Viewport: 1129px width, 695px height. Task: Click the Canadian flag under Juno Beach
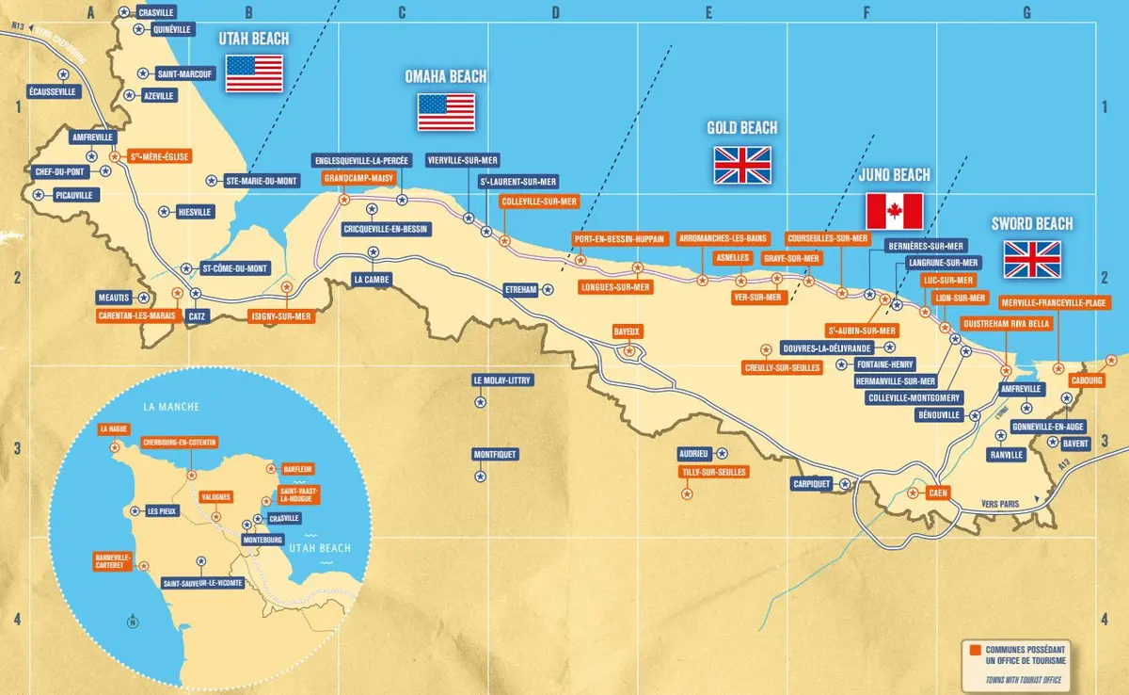click(x=894, y=211)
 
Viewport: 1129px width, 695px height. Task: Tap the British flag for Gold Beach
click(x=742, y=165)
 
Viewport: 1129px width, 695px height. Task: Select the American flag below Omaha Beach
click(x=447, y=113)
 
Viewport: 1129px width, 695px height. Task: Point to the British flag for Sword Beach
click(x=1032, y=259)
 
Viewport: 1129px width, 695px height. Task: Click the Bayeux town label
click(x=627, y=332)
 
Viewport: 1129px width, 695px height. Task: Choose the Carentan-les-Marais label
click(x=137, y=315)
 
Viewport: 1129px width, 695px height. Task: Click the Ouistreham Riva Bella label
click(x=1005, y=323)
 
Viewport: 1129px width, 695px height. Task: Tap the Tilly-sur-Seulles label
click(x=713, y=472)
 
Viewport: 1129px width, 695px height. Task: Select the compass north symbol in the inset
click(x=133, y=621)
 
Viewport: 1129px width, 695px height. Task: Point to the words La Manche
click(x=167, y=407)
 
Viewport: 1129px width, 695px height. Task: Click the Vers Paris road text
click(x=999, y=505)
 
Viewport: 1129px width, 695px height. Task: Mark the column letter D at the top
click(x=555, y=12)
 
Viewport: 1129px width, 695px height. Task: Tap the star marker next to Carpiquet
click(x=845, y=483)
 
